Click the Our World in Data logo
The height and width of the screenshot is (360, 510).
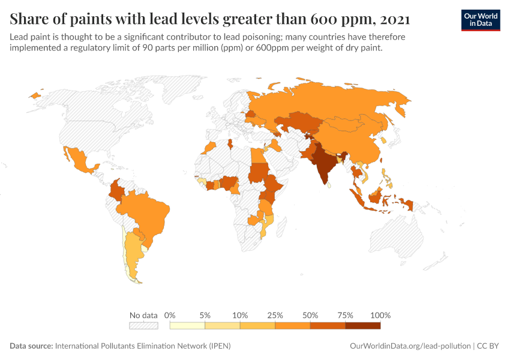click(480, 19)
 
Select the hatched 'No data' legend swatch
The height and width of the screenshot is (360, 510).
click(143, 326)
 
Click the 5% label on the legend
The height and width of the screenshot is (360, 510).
click(205, 315)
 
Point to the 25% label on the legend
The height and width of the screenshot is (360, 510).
click(275, 315)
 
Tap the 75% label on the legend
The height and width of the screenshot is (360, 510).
click(345, 315)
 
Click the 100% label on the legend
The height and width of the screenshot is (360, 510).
click(380, 315)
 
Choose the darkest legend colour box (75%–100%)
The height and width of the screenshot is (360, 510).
click(362, 326)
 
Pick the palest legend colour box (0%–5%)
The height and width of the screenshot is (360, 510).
click(187, 326)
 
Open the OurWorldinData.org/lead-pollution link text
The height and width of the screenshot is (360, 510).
click(410, 346)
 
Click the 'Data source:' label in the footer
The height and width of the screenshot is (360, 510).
click(31, 346)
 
